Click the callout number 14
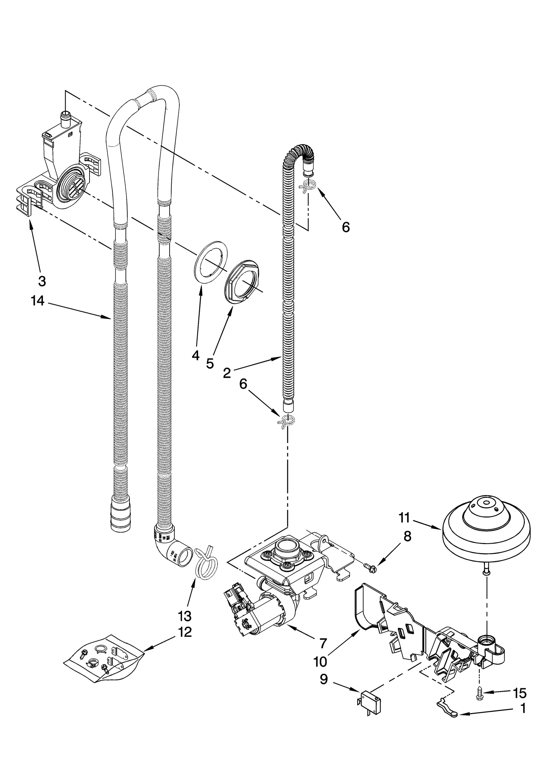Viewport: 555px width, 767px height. (x=37, y=301)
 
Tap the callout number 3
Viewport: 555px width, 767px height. (x=42, y=281)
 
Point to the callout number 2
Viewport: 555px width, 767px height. (x=227, y=373)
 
